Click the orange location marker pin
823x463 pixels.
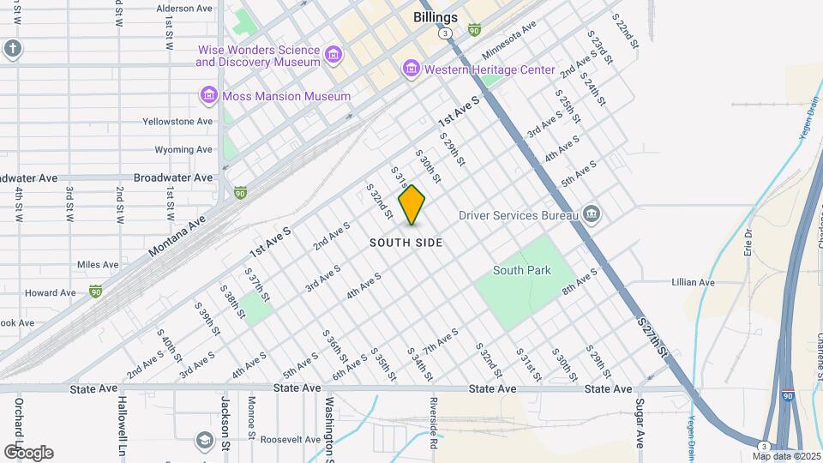(x=412, y=204)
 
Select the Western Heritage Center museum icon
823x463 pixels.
(x=411, y=69)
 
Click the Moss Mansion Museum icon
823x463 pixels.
(x=208, y=96)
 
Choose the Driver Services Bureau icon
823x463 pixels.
(x=591, y=214)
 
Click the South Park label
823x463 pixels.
(x=521, y=270)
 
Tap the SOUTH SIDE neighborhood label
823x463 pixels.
(x=406, y=243)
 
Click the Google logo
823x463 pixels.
(x=28, y=452)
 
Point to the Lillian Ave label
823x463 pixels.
(x=694, y=282)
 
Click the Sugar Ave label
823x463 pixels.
(x=640, y=424)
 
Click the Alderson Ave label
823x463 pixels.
(x=184, y=9)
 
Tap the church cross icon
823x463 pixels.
(x=12, y=48)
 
